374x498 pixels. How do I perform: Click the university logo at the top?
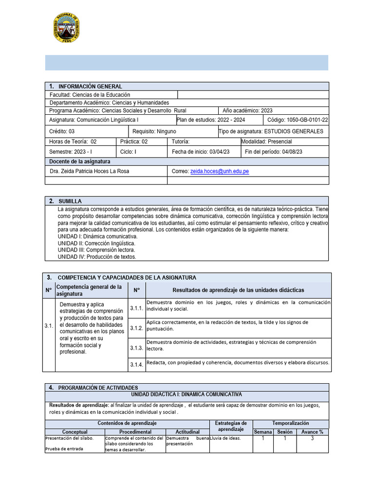(x=66, y=28)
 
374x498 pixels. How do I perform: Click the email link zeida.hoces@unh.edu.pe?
(x=219, y=172)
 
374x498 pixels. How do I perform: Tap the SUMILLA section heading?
(x=70, y=201)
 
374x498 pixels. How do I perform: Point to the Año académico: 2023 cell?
(x=247, y=110)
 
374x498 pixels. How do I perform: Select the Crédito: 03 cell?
(x=62, y=131)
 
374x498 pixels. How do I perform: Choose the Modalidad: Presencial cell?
(x=267, y=142)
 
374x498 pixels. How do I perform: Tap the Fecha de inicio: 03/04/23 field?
(x=201, y=152)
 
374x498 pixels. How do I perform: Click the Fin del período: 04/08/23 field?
(x=274, y=152)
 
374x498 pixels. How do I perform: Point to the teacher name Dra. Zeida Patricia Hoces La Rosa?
(x=90, y=172)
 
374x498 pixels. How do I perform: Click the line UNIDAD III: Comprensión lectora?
(x=96, y=249)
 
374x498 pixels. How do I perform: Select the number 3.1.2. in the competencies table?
(x=136, y=328)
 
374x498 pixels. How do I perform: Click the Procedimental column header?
(x=135, y=432)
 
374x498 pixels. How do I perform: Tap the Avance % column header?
(x=312, y=432)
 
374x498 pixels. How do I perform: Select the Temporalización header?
(x=290, y=423)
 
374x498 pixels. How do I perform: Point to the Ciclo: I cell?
(x=129, y=152)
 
